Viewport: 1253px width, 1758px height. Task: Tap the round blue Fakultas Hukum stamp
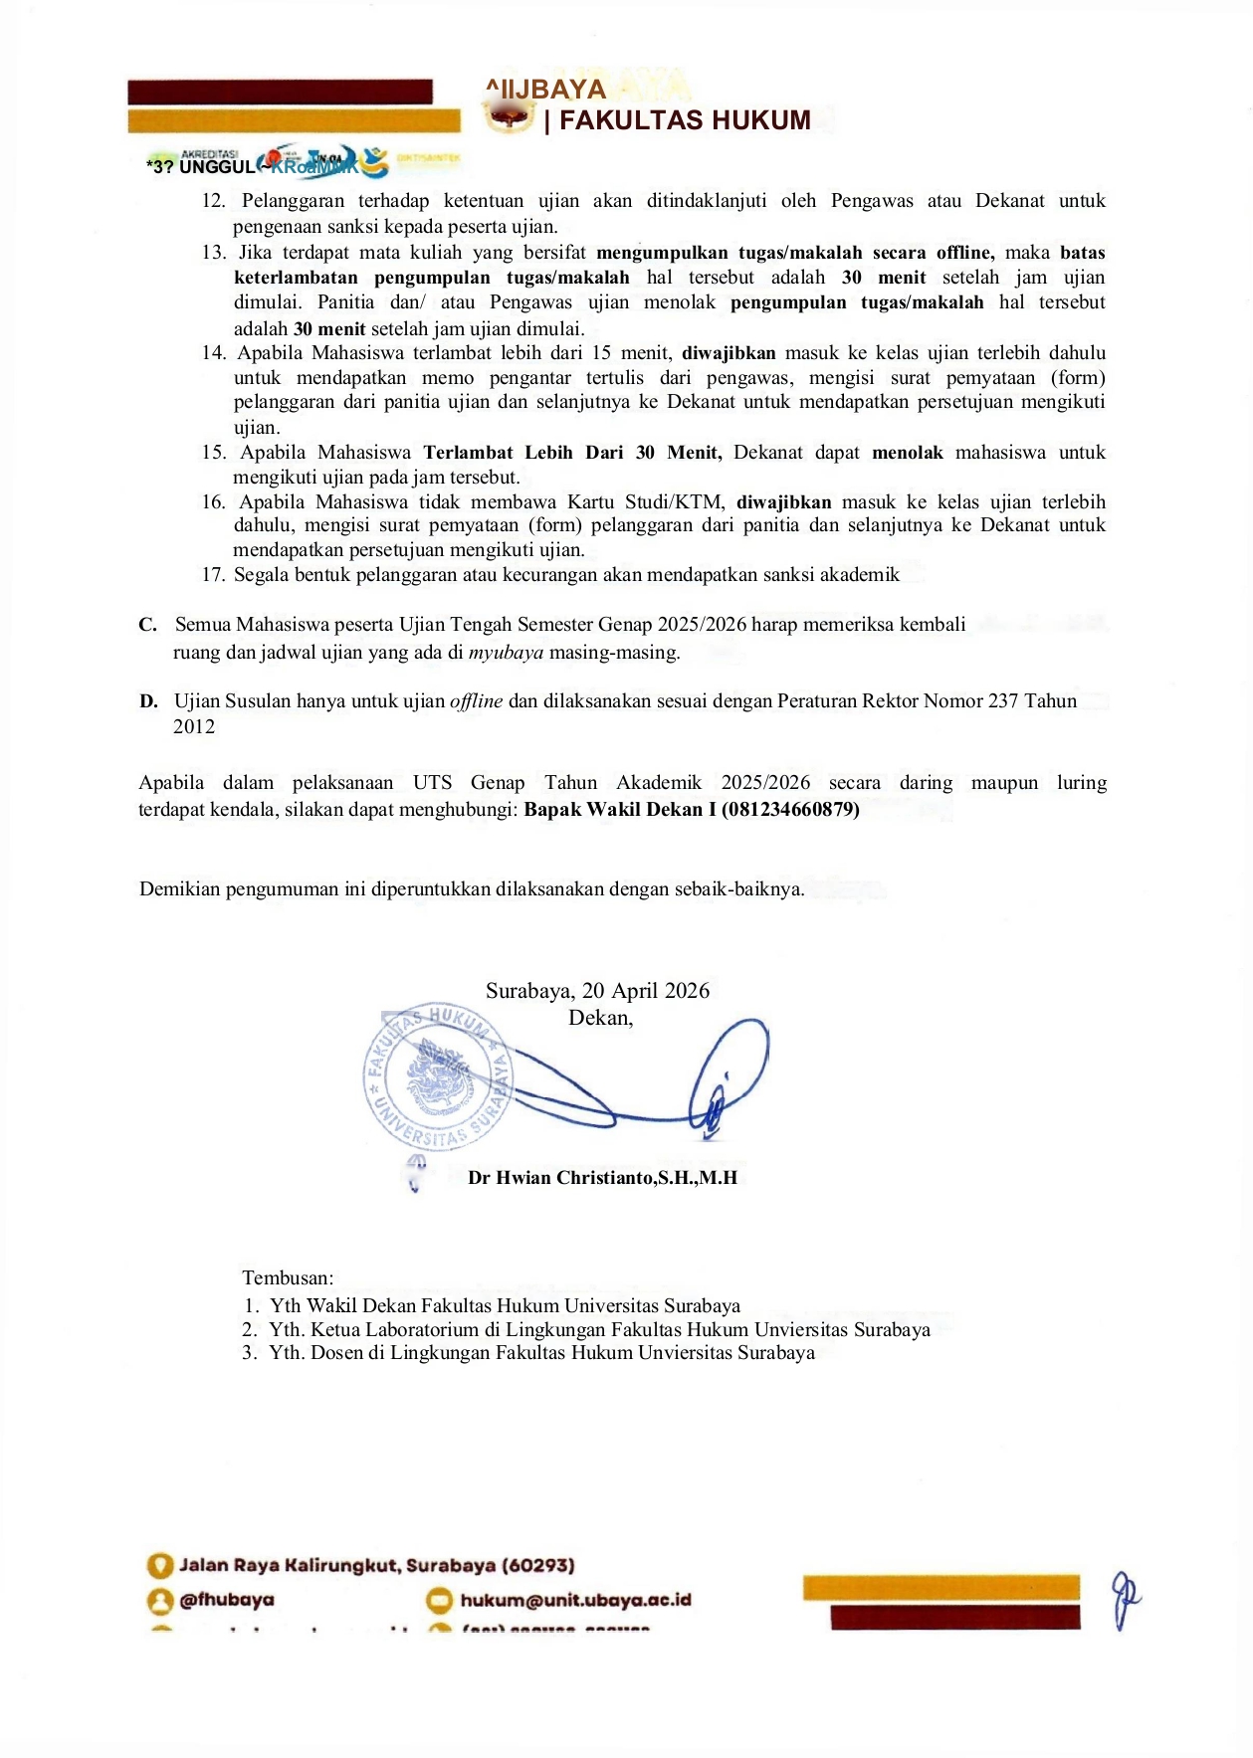click(x=438, y=1077)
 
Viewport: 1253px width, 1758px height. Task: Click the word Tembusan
click(x=288, y=1277)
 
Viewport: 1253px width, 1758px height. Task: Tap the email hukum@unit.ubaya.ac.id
click(x=575, y=1600)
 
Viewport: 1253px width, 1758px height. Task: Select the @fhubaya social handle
click(x=227, y=1600)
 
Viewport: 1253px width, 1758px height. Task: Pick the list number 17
click(x=213, y=574)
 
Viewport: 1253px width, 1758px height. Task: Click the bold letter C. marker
click(x=148, y=625)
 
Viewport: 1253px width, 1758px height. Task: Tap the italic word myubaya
click(x=506, y=653)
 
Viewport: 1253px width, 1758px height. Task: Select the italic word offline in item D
click(x=476, y=700)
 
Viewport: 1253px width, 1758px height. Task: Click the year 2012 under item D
click(x=194, y=726)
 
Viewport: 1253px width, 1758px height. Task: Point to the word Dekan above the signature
click(x=599, y=1017)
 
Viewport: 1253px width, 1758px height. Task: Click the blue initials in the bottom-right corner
click(x=1125, y=1599)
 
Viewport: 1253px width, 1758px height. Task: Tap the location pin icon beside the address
click(x=159, y=1566)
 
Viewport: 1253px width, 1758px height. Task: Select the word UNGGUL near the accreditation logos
click(x=217, y=167)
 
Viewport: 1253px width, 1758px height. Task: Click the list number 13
click(x=213, y=253)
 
